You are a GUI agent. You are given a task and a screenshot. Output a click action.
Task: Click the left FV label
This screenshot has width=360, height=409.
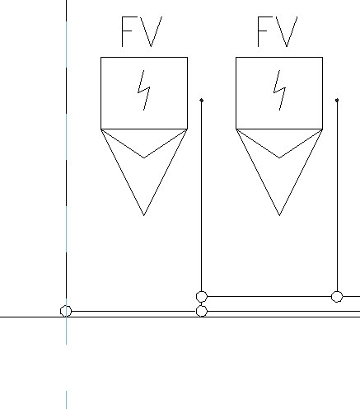click(x=142, y=31)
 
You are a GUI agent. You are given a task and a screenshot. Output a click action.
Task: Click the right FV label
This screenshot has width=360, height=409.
click(x=278, y=31)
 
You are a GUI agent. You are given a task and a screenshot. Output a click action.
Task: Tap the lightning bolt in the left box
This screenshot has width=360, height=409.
click(x=144, y=91)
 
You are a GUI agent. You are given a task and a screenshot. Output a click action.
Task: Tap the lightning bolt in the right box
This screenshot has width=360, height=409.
click(x=279, y=91)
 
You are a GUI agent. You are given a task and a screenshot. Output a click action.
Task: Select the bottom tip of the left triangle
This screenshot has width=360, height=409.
click(x=144, y=215)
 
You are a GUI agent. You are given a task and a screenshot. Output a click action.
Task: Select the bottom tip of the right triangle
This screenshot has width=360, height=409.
click(x=279, y=215)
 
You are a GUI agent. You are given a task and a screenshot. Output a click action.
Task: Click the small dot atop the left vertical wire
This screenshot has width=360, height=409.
click(x=202, y=101)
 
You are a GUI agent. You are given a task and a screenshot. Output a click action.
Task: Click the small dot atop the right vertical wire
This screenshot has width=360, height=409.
click(x=337, y=101)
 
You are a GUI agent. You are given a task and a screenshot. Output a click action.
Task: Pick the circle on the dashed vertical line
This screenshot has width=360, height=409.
click(x=66, y=311)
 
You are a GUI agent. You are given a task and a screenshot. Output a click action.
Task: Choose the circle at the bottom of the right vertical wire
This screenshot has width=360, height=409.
click(x=337, y=297)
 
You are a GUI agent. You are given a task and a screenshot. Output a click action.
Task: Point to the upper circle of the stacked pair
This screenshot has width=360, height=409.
click(x=202, y=297)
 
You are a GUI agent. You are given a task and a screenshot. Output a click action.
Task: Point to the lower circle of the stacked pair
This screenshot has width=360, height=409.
click(x=202, y=311)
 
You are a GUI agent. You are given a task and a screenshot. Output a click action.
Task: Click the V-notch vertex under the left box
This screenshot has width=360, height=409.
click(x=144, y=157)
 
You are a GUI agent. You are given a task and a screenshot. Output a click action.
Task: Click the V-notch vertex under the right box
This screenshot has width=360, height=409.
click(x=279, y=157)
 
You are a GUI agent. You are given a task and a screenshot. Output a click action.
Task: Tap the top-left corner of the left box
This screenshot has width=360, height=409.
click(x=101, y=58)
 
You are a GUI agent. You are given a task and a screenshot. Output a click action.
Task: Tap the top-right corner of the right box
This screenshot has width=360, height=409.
click(x=322, y=58)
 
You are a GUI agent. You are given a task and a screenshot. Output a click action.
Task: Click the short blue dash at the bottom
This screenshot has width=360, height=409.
click(x=66, y=400)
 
